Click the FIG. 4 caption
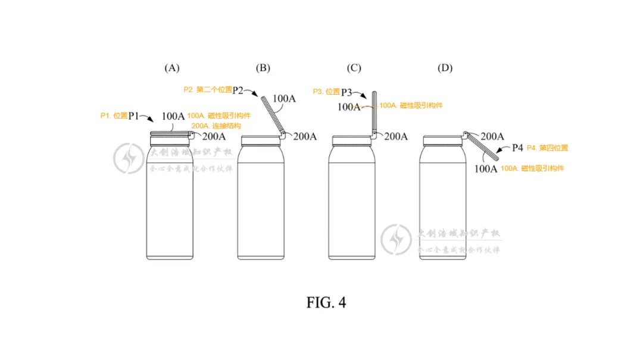pyautogui.click(x=326, y=302)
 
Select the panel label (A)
pyautogui.click(x=171, y=68)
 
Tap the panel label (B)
pyautogui.click(x=263, y=68)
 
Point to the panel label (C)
pyautogui.click(x=354, y=68)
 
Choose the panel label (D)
pyautogui.click(x=445, y=68)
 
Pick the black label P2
pyautogui.click(x=238, y=90)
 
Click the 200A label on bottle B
pyautogui.click(x=305, y=136)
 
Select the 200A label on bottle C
pyautogui.click(x=396, y=136)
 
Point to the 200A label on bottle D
pyautogui.click(x=492, y=136)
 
